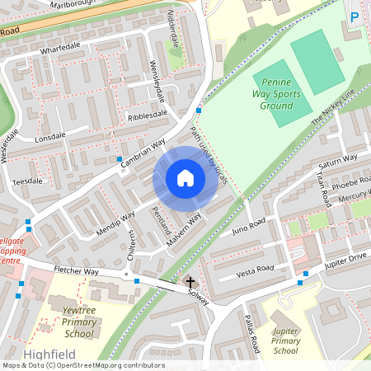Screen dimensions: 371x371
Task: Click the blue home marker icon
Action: pos(185,177)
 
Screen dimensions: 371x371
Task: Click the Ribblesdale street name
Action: pos(148,115)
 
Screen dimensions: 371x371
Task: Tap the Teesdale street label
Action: pos(27,181)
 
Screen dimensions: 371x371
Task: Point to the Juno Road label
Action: pos(248,225)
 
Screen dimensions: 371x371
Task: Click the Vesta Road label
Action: pos(254,270)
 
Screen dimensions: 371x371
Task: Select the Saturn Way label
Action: pos(338,160)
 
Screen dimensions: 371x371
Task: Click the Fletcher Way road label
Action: pos(76,270)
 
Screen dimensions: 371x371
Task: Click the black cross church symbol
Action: pos(190,283)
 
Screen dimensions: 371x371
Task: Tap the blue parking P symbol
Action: pos(355,16)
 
